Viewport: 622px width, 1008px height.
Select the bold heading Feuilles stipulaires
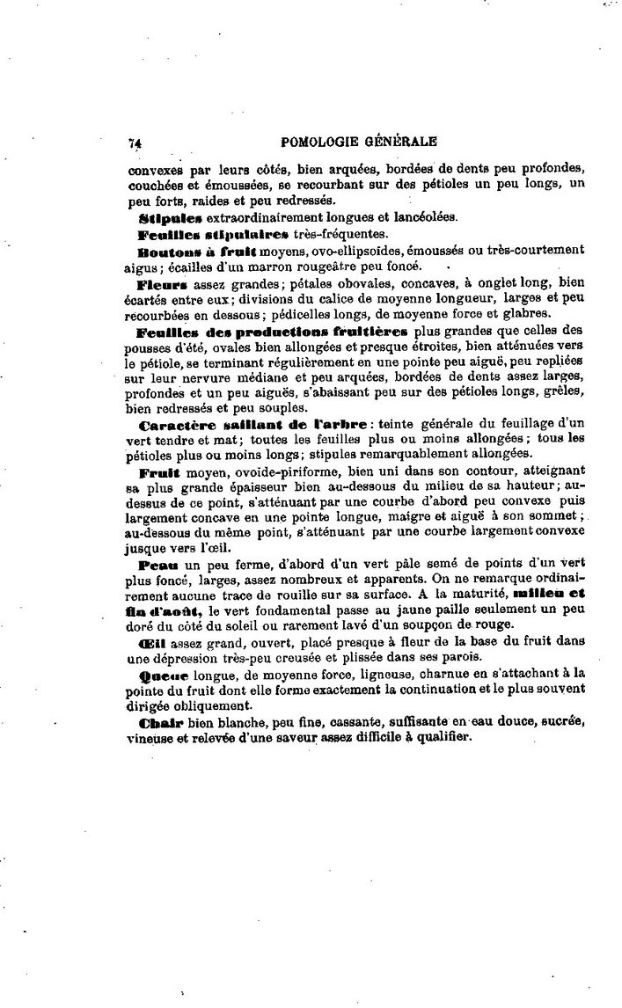(213, 234)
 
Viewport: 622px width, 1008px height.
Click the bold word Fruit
(158, 471)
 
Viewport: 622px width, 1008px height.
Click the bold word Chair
(159, 722)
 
